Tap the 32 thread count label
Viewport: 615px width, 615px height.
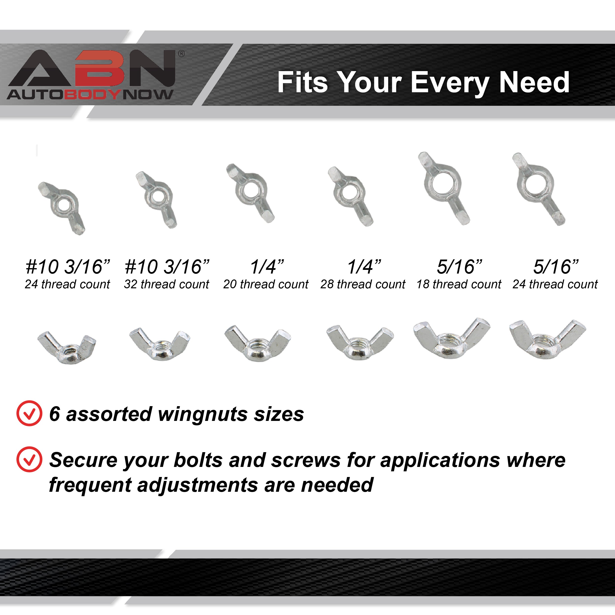click(167, 284)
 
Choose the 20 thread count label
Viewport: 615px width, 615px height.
click(266, 284)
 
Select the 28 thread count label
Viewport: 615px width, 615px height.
click(363, 284)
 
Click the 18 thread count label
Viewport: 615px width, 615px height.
click(459, 284)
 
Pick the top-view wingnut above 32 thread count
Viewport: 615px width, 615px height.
click(156, 200)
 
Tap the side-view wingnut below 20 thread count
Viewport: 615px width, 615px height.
click(257, 343)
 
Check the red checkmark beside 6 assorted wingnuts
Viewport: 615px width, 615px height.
click(29, 413)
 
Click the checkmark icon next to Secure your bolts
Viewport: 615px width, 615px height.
click(29, 459)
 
